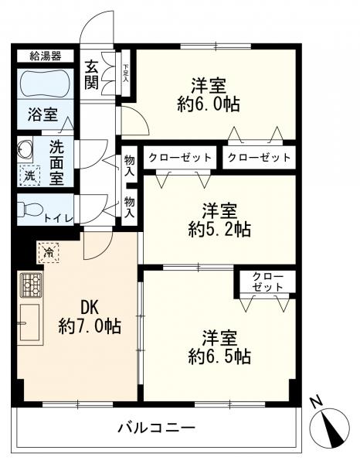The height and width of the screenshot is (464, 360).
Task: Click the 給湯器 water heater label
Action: coord(46,56)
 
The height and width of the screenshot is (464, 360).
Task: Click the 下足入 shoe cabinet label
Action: coord(125,73)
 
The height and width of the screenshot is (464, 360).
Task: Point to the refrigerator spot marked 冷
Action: coord(49,252)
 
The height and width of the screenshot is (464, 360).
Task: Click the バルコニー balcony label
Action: coord(157,428)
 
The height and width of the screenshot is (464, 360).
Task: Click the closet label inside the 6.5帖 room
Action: coord(267,281)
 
